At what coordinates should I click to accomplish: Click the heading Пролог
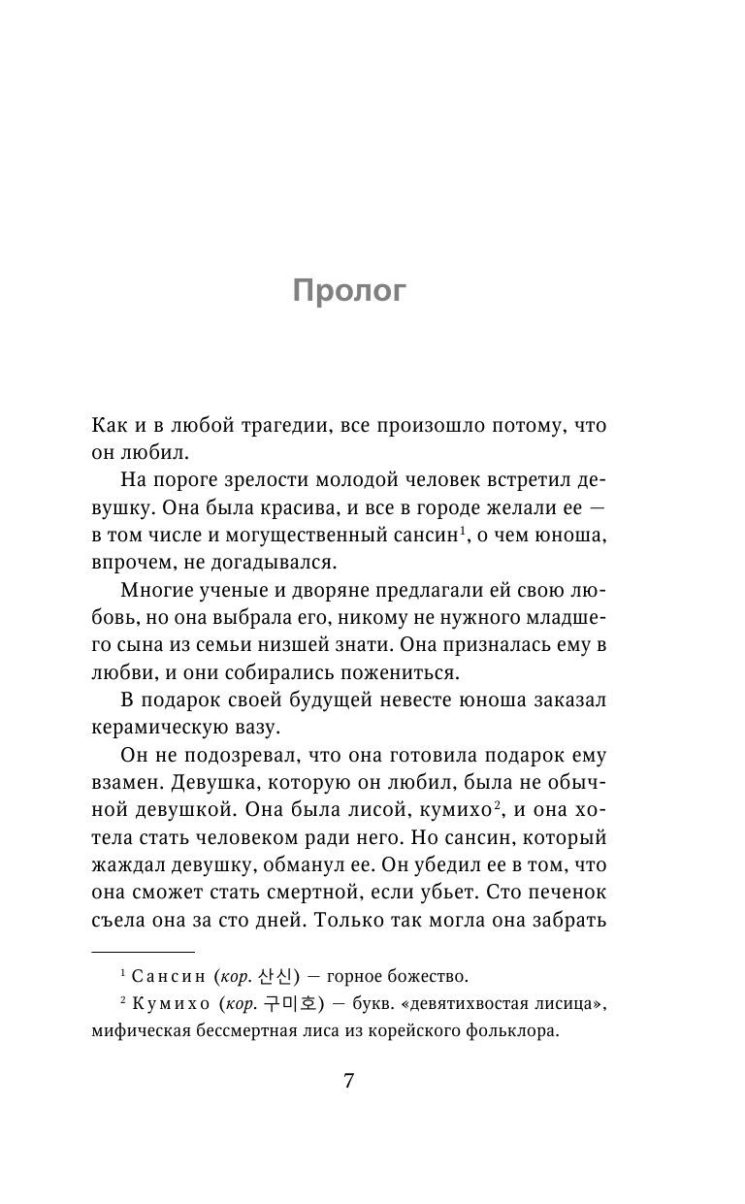[x=349, y=291]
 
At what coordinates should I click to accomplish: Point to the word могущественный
[x=321, y=534]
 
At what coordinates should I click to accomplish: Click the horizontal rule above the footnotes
[x=143, y=952]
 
